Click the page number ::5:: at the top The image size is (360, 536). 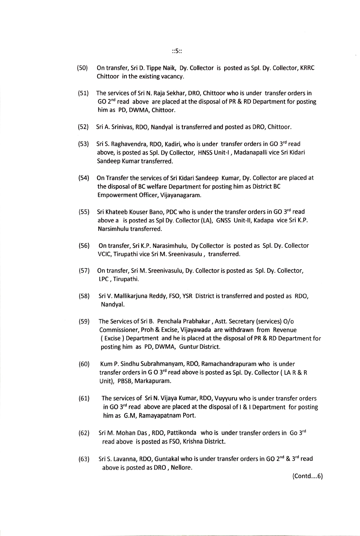(x=177, y=51)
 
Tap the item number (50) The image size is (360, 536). (x=83, y=68)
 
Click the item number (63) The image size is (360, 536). (x=84, y=459)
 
